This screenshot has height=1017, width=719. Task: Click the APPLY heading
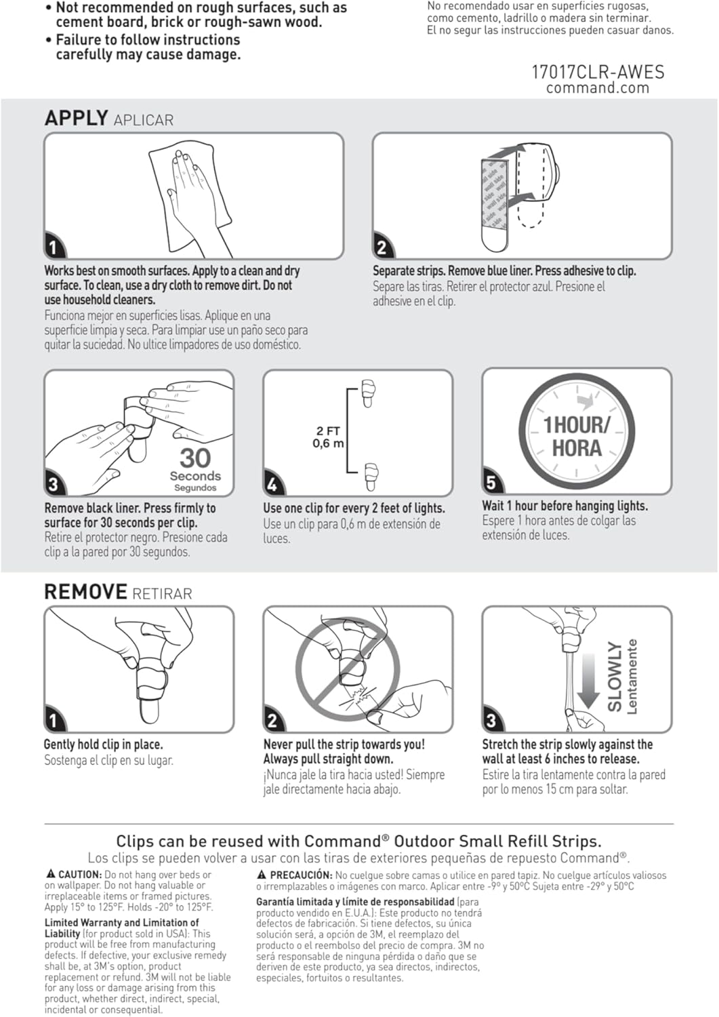(76, 118)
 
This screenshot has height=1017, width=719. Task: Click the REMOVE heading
(85, 592)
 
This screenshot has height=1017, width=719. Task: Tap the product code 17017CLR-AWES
(597, 72)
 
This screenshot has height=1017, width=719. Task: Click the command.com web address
(597, 88)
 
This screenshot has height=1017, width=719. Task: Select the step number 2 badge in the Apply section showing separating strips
(382, 247)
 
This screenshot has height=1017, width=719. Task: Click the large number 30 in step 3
(195, 458)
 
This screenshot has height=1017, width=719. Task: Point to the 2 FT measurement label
(328, 431)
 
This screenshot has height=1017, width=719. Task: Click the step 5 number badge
(491, 483)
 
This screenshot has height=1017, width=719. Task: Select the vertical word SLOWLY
(615, 676)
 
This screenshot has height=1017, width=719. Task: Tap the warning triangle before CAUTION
(51, 875)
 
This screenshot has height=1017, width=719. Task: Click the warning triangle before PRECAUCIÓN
(262, 875)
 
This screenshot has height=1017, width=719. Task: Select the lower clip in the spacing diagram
(370, 477)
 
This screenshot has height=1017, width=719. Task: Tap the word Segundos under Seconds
(195, 487)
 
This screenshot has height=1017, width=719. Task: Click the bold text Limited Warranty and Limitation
(122, 922)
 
